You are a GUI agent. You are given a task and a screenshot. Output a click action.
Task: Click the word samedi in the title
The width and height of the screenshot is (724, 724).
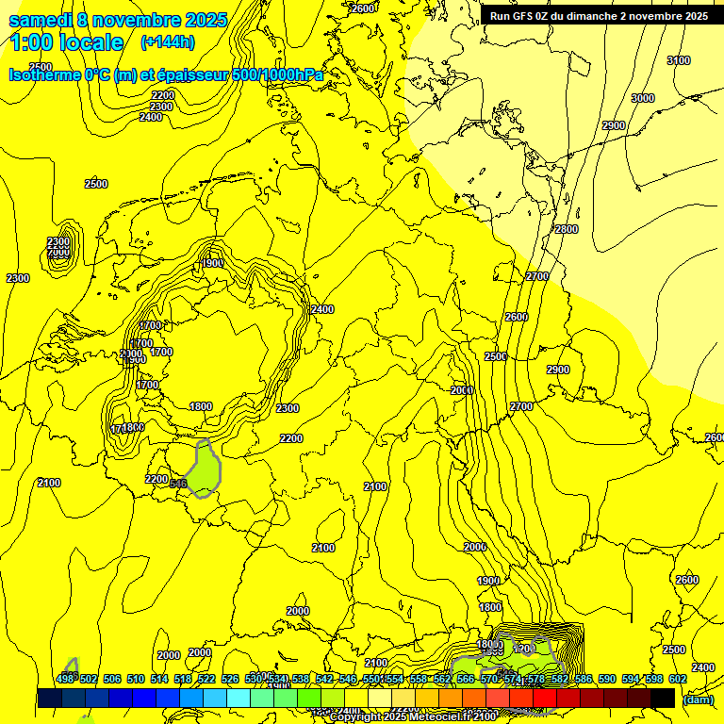(39, 20)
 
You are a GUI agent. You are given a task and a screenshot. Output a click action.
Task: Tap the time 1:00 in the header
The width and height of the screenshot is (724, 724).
(35, 42)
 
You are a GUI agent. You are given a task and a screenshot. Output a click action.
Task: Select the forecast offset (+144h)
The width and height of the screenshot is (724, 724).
(167, 42)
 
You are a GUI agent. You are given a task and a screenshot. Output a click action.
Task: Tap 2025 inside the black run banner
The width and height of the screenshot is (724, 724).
(696, 16)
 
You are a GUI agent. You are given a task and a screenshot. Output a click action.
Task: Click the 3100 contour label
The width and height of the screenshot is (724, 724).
(679, 60)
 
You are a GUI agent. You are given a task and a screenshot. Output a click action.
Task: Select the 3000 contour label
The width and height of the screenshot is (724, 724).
(642, 98)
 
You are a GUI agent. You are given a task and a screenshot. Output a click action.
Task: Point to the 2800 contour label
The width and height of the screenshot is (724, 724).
(566, 229)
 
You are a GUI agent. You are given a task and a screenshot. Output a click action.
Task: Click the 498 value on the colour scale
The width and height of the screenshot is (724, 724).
(65, 679)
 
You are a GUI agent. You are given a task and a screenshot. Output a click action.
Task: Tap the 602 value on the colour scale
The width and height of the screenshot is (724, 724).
(678, 679)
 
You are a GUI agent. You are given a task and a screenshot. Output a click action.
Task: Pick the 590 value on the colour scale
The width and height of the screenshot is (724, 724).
(607, 679)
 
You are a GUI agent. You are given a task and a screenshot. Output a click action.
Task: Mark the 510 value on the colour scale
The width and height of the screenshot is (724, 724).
(136, 679)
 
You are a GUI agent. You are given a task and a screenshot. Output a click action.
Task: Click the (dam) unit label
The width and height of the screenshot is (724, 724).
(698, 699)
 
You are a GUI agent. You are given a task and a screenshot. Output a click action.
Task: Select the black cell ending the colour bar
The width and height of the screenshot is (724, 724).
(663, 698)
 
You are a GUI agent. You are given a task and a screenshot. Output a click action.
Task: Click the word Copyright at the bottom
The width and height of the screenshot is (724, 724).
(355, 717)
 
